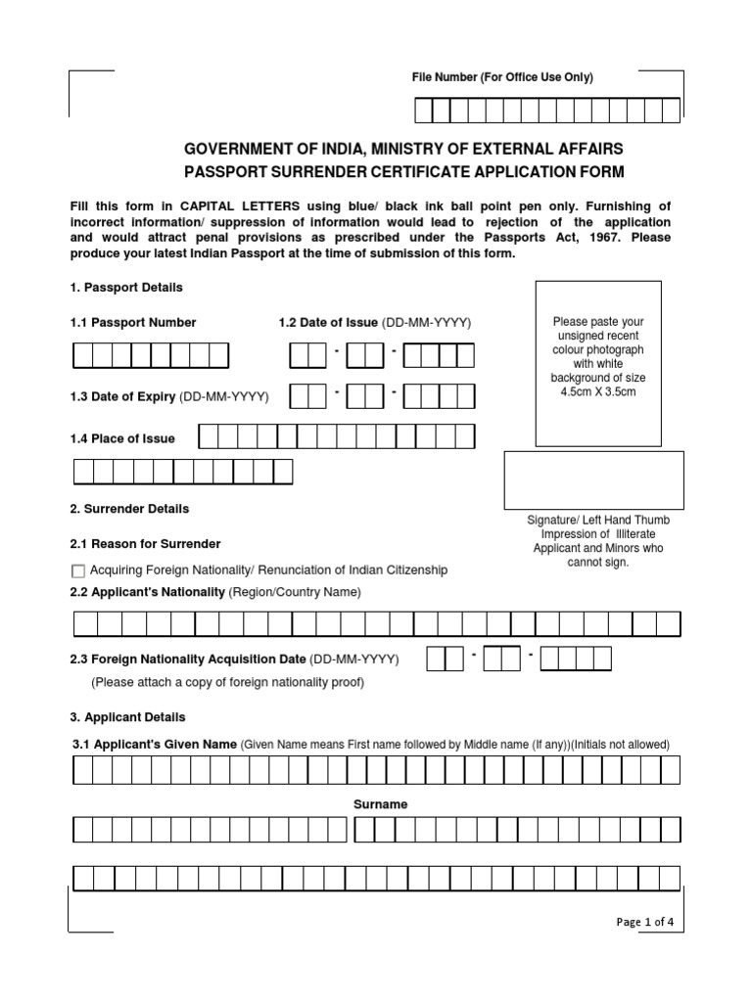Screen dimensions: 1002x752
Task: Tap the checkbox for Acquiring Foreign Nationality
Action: point(78,570)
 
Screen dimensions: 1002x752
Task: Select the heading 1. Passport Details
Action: point(126,288)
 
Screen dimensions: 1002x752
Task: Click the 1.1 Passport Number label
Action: point(133,322)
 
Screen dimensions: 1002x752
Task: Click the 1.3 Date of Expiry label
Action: point(169,396)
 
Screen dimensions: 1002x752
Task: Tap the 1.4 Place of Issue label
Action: point(122,438)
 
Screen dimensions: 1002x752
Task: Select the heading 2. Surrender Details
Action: point(129,509)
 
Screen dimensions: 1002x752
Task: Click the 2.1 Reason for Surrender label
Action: point(145,543)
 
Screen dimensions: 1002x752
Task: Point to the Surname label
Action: point(380,804)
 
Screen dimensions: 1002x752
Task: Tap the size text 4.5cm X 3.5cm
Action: point(599,391)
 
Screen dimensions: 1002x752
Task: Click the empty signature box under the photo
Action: point(593,480)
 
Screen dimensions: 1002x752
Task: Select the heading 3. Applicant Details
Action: point(127,717)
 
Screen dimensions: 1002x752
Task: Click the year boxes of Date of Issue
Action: point(439,355)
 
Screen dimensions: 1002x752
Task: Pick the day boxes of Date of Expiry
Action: point(309,396)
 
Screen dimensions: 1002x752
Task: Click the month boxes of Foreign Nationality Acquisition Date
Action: point(502,660)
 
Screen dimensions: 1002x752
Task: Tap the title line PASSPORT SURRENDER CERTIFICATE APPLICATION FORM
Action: point(403,172)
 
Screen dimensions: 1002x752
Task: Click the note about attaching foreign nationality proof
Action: point(227,682)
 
